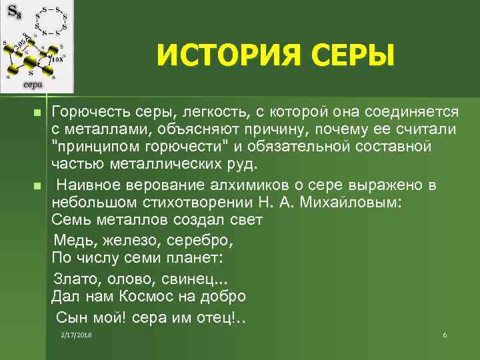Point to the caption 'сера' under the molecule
[x=33, y=85]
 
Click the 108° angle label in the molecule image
[x=57, y=59]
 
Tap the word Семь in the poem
[x=70, y=220]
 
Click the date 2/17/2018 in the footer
[x=75, y=333]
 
